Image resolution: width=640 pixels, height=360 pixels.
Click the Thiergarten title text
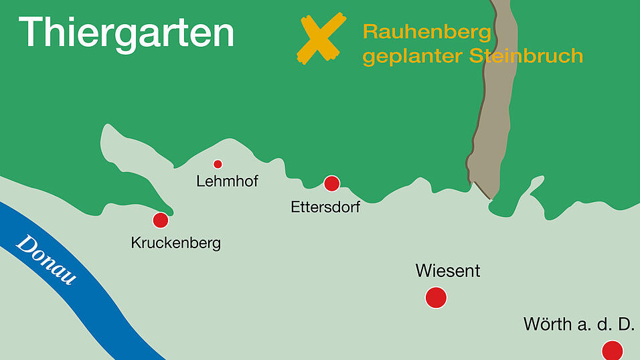point(127,31)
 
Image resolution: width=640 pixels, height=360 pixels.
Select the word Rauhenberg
point(427,32)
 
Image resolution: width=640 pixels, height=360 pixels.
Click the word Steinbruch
point(526,56)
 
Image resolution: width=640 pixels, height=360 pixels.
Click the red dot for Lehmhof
point(218,164)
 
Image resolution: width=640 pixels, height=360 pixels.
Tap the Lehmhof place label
point(227,181)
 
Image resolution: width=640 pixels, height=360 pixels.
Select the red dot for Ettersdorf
point(331,183)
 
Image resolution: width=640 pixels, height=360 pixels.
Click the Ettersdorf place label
point(325,207)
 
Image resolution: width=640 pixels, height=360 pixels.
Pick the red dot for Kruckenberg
point(161,220)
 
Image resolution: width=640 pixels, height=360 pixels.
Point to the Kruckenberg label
point(175,242)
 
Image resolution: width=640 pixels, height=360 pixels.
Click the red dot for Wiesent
point(436,297)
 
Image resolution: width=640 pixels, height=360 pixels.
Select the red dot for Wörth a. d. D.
point(612,350)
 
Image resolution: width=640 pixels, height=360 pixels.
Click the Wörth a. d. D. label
point(578,325)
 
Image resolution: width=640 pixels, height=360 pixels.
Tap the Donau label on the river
point(47,260)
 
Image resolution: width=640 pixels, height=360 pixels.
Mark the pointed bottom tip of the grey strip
point(491,199)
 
